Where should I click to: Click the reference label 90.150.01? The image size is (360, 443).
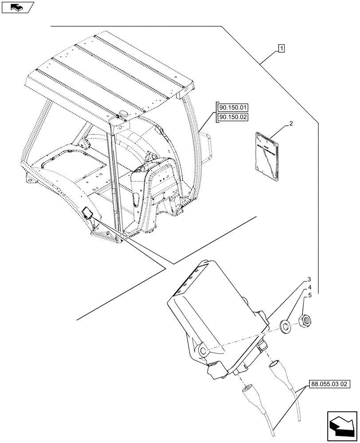[232, 107]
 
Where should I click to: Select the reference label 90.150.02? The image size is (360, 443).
[232, 117]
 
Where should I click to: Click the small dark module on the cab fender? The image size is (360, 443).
[88, 214]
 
